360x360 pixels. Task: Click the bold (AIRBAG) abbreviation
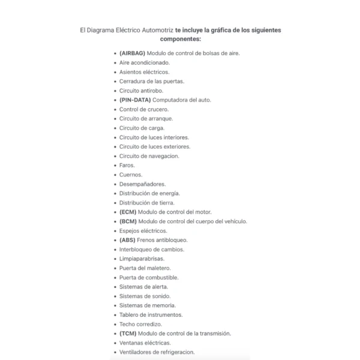132,53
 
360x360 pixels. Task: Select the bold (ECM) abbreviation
127,212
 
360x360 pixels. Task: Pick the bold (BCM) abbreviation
128,221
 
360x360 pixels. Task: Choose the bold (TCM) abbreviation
128,334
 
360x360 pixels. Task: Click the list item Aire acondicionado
144,62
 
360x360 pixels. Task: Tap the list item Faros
127,165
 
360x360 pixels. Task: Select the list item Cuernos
131,175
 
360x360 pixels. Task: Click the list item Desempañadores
142,184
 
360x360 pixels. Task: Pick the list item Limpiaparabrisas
142,259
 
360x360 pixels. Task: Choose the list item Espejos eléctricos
143,230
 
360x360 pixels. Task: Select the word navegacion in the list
161,156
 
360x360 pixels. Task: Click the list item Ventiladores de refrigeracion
157,352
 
